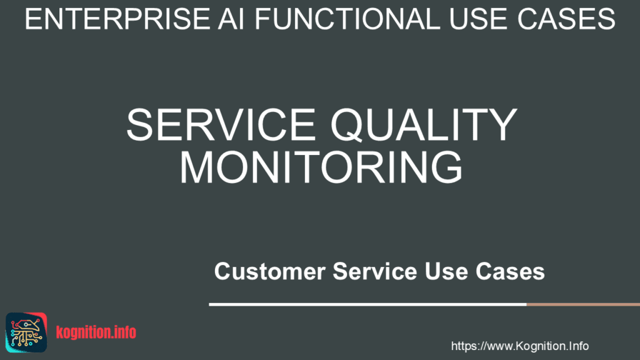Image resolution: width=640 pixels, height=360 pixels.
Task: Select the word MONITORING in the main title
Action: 321,167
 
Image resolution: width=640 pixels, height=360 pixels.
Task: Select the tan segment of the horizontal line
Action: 582,304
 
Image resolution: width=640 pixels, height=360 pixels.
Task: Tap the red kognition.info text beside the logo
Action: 96,332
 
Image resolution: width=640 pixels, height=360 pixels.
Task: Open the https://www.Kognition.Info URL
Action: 519,346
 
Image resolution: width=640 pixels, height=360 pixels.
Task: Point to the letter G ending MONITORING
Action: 444,167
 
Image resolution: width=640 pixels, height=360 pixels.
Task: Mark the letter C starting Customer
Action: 222,272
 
